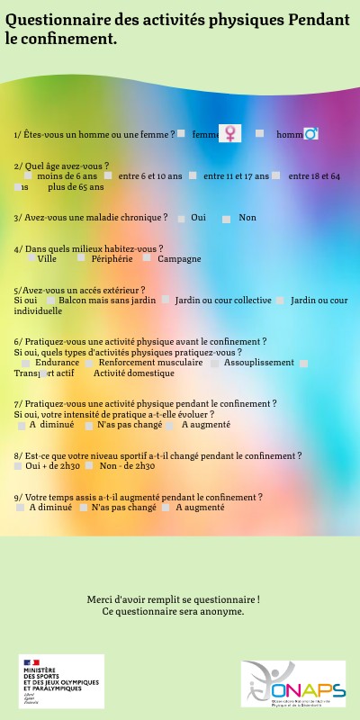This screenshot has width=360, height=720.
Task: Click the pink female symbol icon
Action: click(231, 133)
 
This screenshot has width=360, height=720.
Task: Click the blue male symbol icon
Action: click(311, 134)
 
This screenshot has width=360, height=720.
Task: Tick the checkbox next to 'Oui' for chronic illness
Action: click(182, 219)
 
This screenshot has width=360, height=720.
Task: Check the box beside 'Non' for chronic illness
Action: click(227, 219)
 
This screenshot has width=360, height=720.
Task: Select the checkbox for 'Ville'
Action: click(31, 258)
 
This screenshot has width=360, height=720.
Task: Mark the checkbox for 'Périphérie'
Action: click(81, 258)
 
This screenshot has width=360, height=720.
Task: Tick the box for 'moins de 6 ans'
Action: click(28, 176)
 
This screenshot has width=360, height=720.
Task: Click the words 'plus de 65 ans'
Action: click(76, 187)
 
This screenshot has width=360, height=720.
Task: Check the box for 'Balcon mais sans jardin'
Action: click(49, 300)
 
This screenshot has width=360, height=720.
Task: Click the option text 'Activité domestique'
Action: click(133, 373)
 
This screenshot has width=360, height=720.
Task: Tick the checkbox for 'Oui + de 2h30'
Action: click(18, 466)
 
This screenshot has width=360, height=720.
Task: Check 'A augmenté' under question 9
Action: click(166, 508)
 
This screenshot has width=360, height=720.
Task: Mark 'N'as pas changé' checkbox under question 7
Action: click(89, 425)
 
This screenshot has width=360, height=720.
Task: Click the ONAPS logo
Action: click(293, 682)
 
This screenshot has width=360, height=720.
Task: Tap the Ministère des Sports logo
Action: click(61, 681)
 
